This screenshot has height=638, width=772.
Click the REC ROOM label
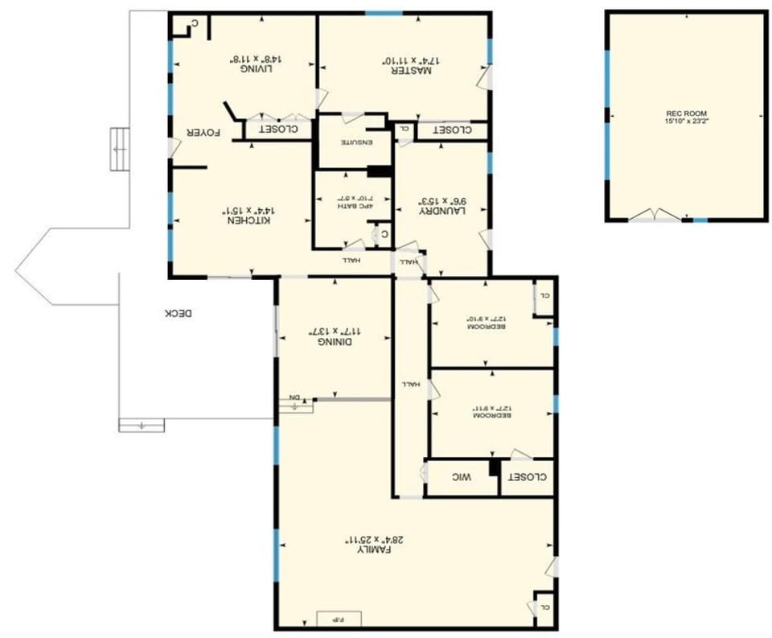[685, 113]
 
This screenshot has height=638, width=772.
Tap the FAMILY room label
[373, 550]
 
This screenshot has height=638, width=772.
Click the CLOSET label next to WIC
[528, 477]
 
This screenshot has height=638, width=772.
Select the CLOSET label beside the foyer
[278, 129]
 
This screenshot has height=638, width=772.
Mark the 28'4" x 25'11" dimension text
[373, 540]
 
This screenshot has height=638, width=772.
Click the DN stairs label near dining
[294, 397]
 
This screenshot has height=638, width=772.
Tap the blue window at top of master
[384, 13]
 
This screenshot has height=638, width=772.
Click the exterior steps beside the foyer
[120, 148]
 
